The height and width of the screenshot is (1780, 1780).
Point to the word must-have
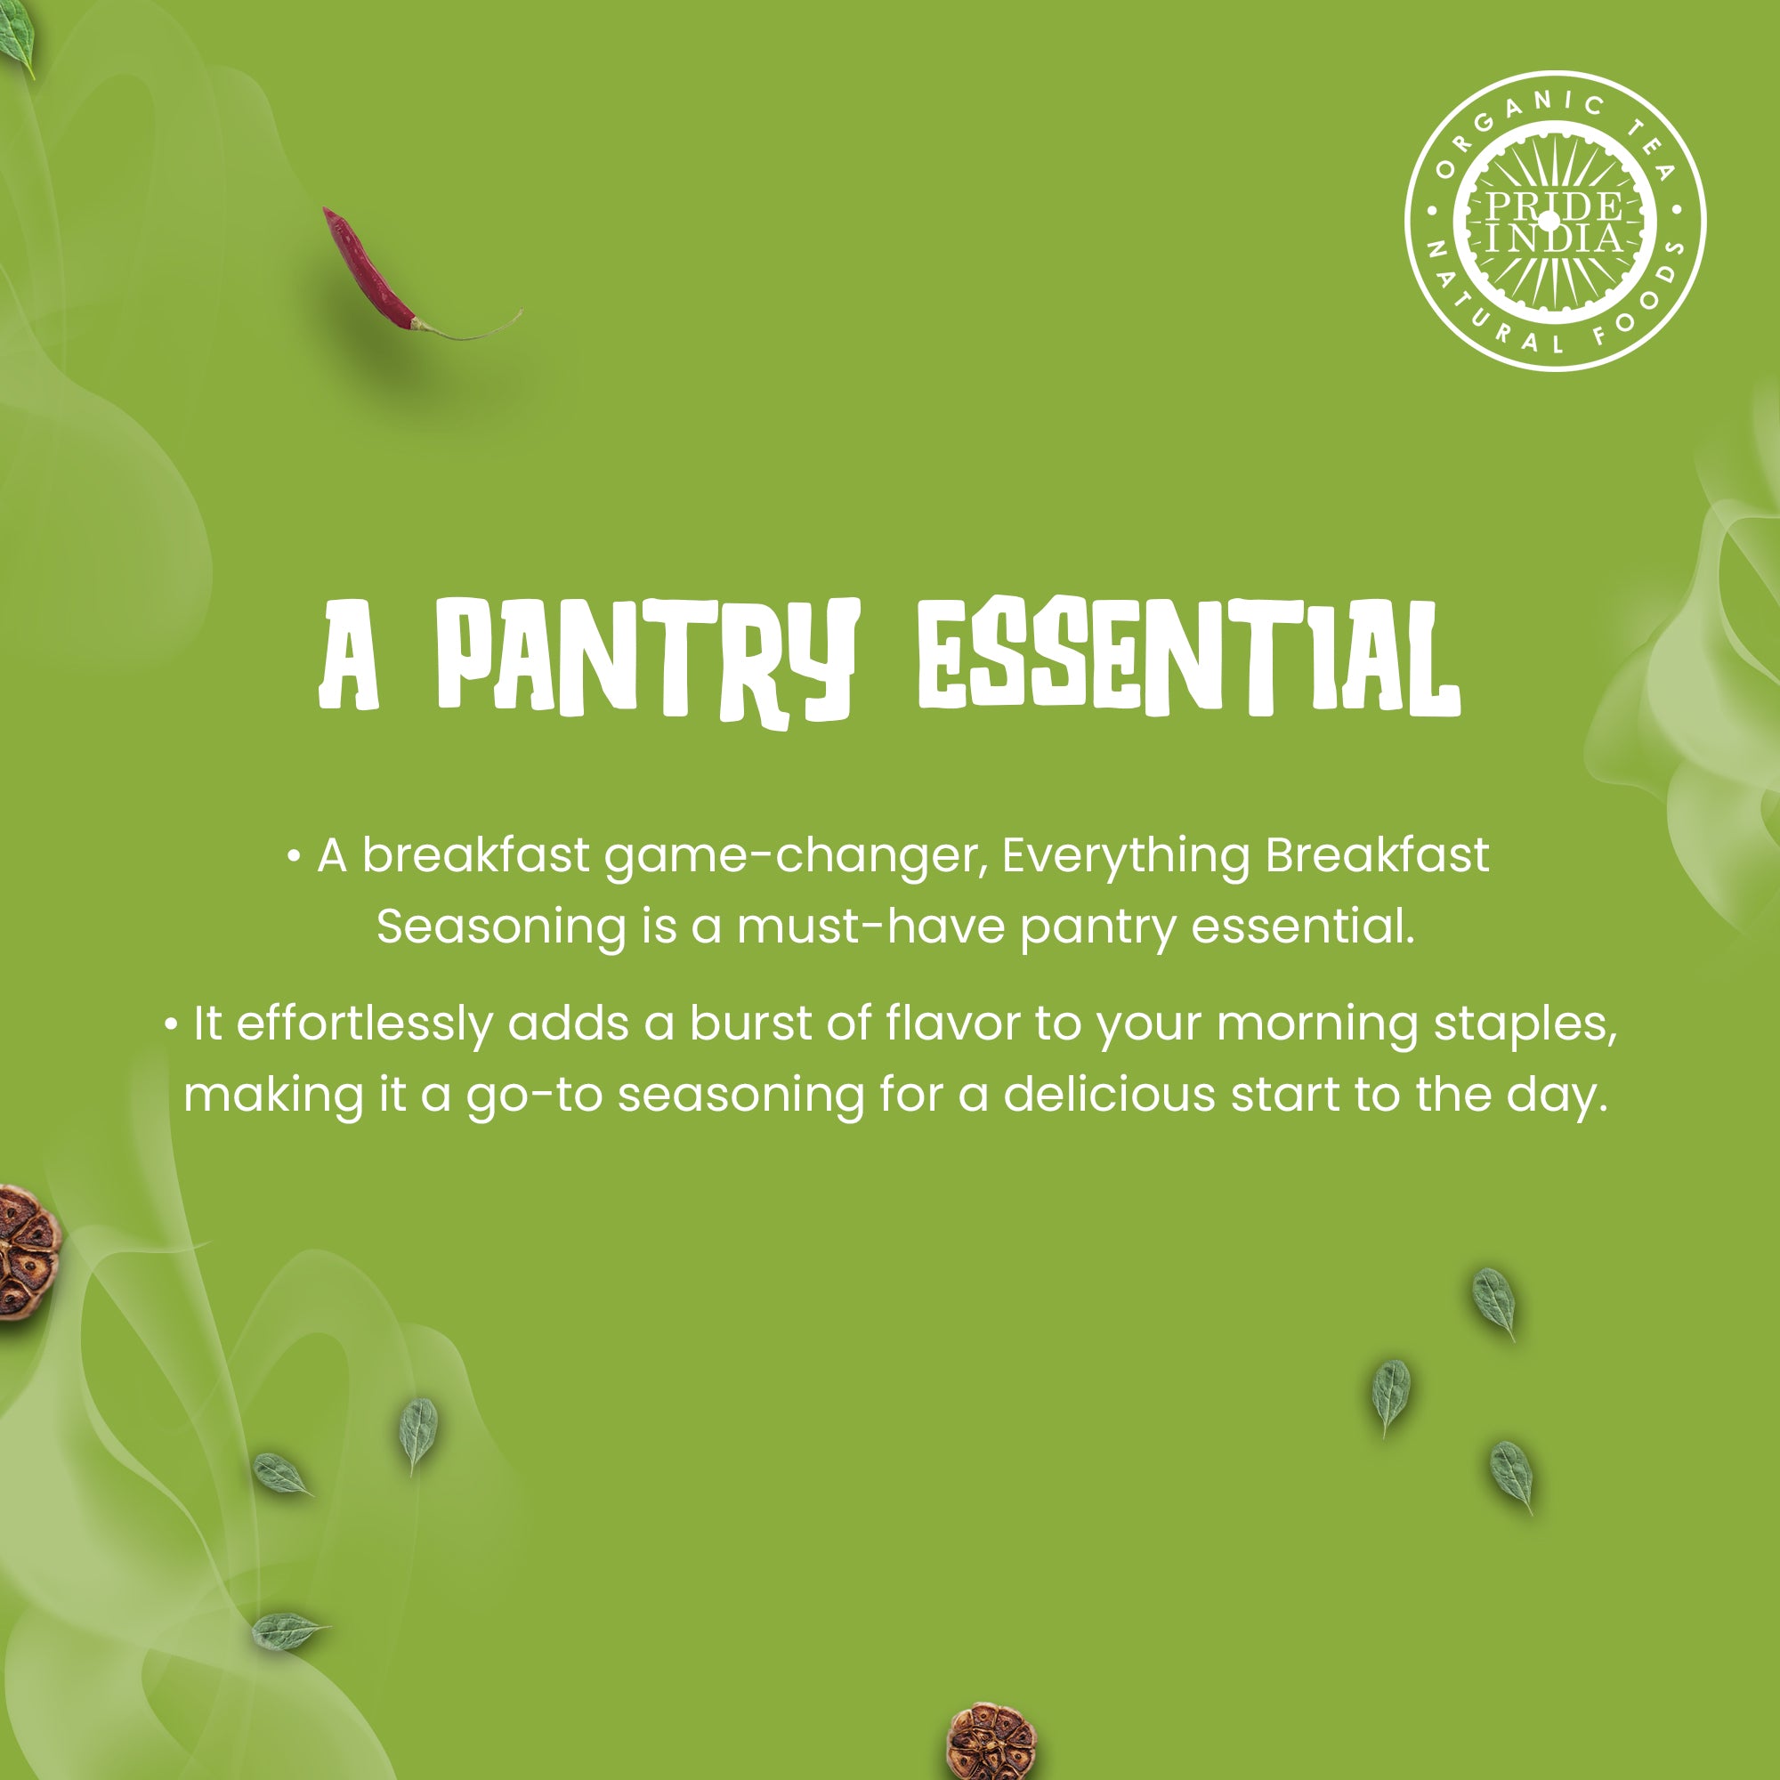tap(870, 926)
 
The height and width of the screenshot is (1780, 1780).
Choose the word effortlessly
tap(365, 1024)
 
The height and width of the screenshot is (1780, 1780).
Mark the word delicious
tap(1110, 1095)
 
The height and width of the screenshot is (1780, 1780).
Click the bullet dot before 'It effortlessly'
tap(171, 1024)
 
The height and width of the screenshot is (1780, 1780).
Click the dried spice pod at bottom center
tap(991, 1742)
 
